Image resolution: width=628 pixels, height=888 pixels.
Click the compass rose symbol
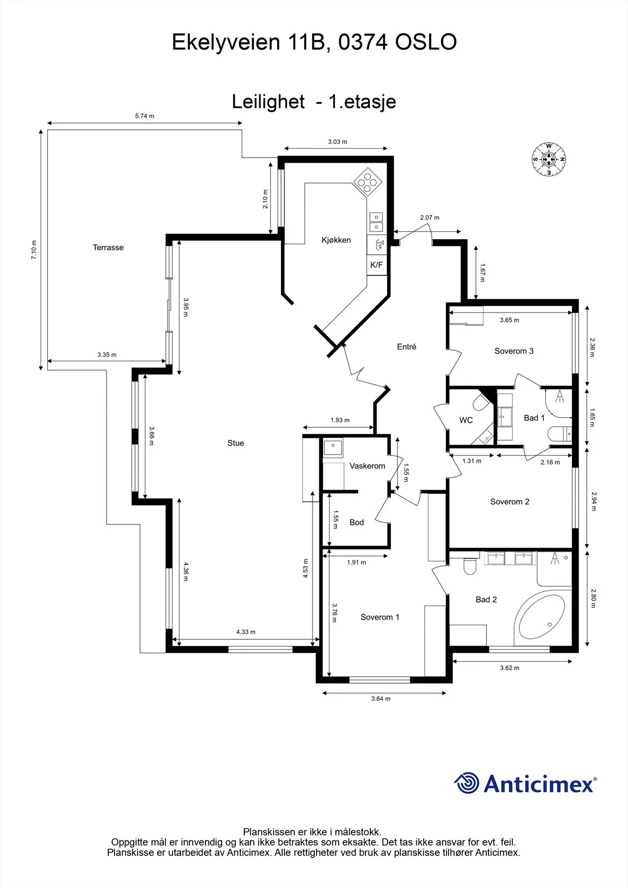tap(549, 159)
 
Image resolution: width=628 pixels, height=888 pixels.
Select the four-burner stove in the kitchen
tap(368, 182)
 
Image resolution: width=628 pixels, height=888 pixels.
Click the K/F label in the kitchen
tap(376, 265)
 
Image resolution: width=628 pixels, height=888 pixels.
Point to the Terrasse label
tap(108, 248)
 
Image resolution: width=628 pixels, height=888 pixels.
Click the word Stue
tap(235, 443)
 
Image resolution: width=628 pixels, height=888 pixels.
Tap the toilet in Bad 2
tap(470, 567)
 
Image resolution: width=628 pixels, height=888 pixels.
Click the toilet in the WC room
tap(482, 402)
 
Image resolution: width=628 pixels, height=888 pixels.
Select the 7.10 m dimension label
tap(34, 250)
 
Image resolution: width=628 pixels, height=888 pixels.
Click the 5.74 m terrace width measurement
tap(144, 116)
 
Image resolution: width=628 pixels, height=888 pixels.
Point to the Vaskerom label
tap(368, 466)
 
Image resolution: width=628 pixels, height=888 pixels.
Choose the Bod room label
tap(356, 522)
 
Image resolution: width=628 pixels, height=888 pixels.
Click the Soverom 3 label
tap(514, 351)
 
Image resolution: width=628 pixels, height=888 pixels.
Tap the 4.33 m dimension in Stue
tap(246, 632)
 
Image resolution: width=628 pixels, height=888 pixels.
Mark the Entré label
tap(406, 346)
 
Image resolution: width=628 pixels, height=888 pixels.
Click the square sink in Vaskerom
tap(333, 447)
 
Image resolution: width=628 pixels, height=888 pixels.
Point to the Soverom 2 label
tap(510, 502)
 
